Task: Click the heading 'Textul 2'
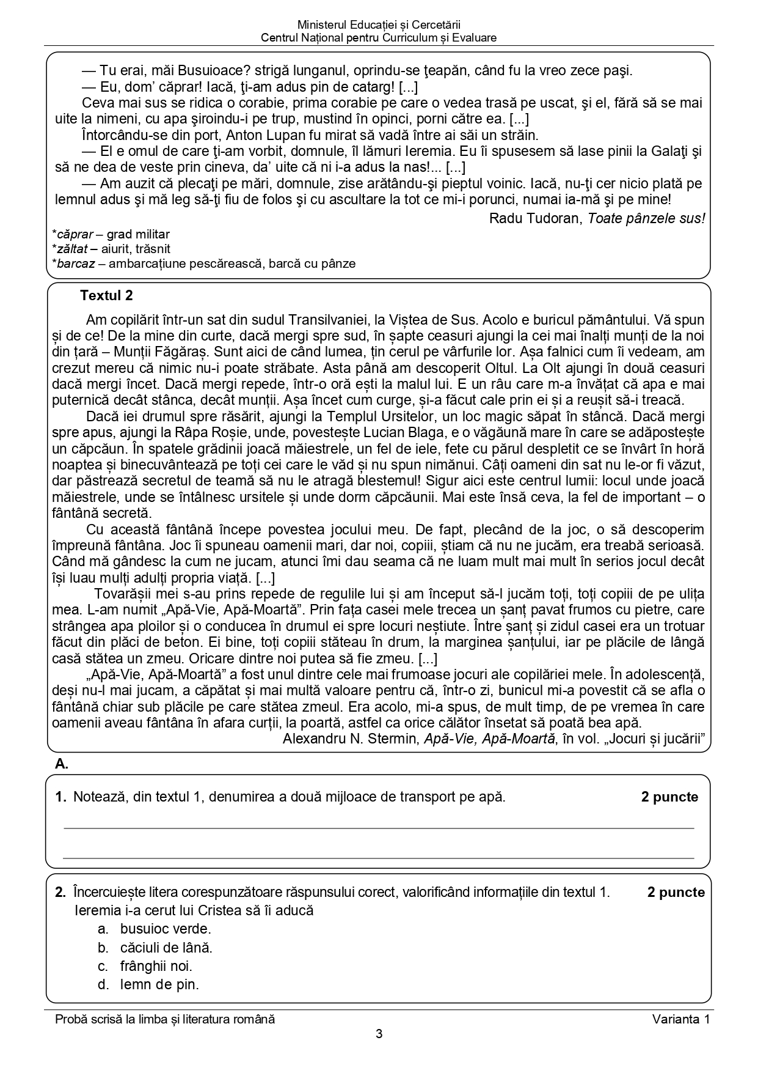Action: (x=106, y=296)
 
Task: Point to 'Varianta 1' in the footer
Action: (x=680, y=1019)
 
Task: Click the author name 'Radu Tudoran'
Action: (x=536, y=218)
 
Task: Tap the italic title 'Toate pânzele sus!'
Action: (x=646, y=218)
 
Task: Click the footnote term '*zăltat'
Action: (x=70, y=249)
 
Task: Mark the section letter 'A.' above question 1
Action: (x=61, y=763)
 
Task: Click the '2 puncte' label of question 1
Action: (x=669, y=797)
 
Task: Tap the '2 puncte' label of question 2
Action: (x=676, y=893)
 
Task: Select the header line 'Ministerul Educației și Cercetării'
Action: (x=379, y=25)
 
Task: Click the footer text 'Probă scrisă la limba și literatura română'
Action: (x=165, y=1019)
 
